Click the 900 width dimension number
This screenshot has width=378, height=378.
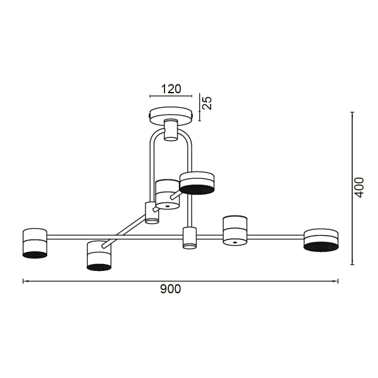pyautogui.click(x=170, y=289)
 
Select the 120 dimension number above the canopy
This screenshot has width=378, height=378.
pyautogui.click(x=169, y=89)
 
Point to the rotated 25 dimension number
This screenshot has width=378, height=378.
pyautogui.click(x=207, y=103)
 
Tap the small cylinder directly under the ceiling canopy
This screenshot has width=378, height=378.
pyautogui.click(x=170, y=130)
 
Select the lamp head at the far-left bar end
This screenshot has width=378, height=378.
pyautogui.click(x=35, y=243)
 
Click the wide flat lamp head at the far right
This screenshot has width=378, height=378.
pyautogui.click(x=321, y=240)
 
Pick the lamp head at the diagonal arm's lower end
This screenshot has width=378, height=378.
pyautogui.click(x=99, y=256)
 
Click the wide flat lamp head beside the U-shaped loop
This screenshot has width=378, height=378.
pyautogui.click(x=198, y=182)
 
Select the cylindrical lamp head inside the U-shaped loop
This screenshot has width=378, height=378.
pyautogui.click(x=167, y=194)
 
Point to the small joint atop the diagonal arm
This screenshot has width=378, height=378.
pyautogui.click(x=152, y=212)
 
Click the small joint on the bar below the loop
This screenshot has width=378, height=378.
pyautogui.click(x=189, y=238)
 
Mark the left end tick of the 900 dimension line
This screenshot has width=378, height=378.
pyautogui.click(x=23, y=281)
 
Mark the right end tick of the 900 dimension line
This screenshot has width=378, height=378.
pyautogui.click(x=338, y=281)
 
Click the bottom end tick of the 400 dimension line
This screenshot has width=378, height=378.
pyautogui.click(x=352, y=265)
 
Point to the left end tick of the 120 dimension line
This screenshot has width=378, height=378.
pyautogui.click(x=150, y=96)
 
